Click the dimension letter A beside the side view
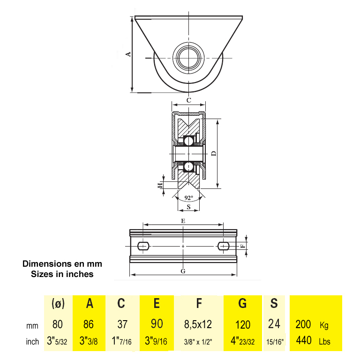click(128, 54)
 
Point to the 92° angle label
click(189, 198)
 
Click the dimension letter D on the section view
click(214, 153)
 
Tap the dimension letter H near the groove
click(160, 185)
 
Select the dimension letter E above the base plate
click(183, 221)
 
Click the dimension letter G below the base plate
click(183, 271)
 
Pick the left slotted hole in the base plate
click(143, 246)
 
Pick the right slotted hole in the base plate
click(224, 246)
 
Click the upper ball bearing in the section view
click(188, 141)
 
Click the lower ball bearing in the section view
click(188, 167)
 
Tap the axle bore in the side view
click(188, 58)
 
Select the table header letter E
click(157, 303)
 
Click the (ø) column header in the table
click(58, 303)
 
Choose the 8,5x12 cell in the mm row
click(198, 324)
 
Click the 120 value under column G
click(243, 324)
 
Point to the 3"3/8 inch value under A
click(89, 341)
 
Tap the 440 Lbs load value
click(313, 340)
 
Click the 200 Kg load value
click(312, 325)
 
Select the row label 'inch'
click(32, 342)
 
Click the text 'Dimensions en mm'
click(62, 264)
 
